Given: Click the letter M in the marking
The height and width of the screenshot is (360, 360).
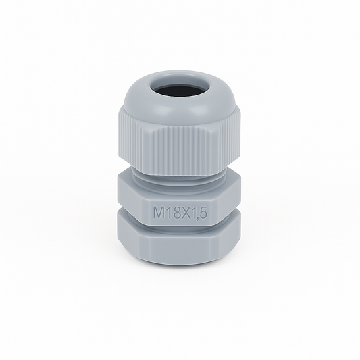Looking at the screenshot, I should tap(158, 212).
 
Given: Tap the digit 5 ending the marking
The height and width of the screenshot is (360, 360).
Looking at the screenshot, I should tap(203, 212).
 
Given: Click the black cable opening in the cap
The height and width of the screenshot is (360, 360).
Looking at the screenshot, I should tap(180, 92).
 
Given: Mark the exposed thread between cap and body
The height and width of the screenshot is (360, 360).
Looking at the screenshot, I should tap(180, 178).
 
